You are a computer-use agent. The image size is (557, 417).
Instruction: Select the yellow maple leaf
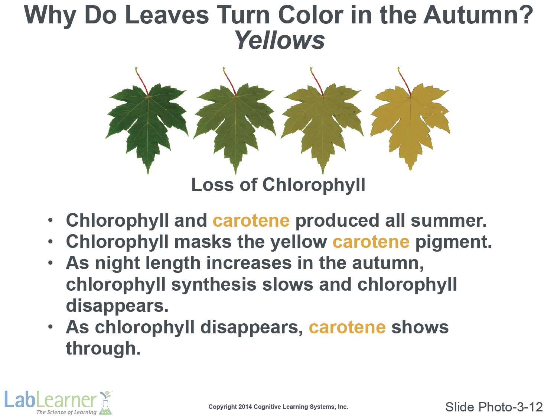410,125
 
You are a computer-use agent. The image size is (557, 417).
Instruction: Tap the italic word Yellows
280,40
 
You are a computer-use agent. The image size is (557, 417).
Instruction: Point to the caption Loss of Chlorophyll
278,185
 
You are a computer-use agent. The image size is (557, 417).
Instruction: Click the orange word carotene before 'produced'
251,220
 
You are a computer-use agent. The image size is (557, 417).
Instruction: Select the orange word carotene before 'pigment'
371,242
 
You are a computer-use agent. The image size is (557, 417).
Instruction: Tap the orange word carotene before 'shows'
348,327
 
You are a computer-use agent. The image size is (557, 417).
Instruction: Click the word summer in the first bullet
449,220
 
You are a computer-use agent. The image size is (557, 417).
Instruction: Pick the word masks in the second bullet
203,242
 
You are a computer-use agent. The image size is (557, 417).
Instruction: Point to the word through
103,349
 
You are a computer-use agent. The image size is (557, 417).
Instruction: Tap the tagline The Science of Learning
66,412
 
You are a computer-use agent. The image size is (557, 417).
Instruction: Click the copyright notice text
278,407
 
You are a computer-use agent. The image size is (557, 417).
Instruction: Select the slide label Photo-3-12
510,407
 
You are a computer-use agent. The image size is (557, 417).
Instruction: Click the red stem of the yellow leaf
404,82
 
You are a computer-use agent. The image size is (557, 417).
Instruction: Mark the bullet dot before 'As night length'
51,263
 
